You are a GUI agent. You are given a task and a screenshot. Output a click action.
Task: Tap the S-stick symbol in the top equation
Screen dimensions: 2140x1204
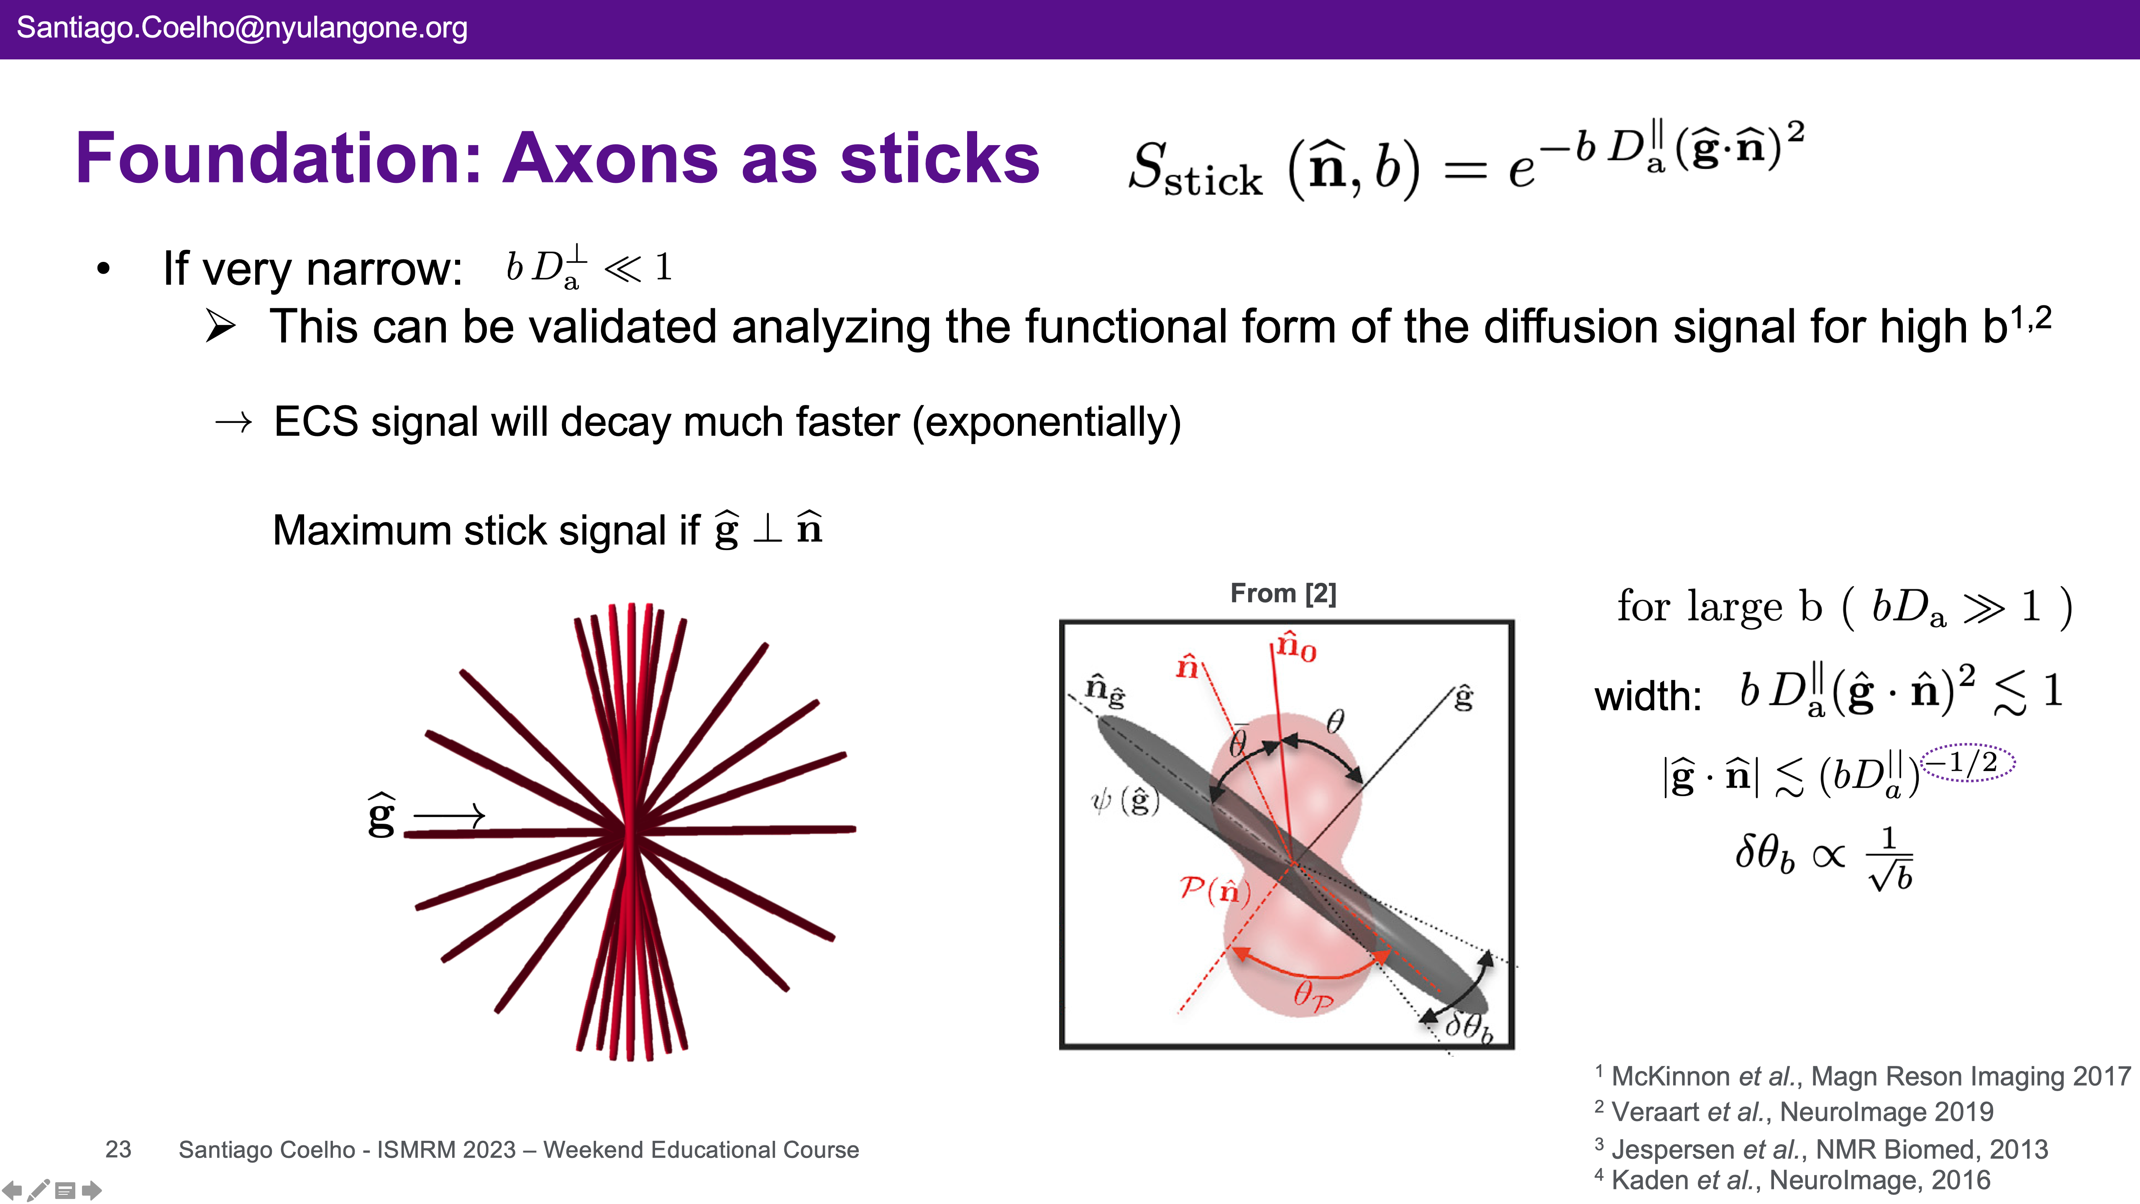[x=1195, y=170]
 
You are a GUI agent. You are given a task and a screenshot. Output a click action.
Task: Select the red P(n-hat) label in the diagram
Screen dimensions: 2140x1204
[x=1215, y=890]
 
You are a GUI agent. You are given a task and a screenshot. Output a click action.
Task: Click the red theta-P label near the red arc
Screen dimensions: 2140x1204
[x=1313, y=994]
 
